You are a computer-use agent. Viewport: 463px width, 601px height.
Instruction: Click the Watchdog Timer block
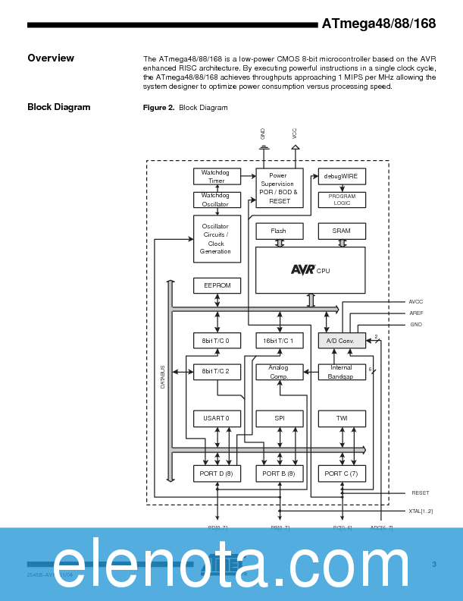point(217,177)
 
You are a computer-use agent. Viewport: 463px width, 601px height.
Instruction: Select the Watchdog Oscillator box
point(217,200)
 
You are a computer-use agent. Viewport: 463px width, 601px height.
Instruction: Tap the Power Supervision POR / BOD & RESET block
point(279,188)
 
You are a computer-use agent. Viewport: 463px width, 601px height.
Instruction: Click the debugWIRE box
point(341,176)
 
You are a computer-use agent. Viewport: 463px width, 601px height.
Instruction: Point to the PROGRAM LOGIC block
point(341,200)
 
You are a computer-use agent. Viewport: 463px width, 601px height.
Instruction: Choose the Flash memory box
point(279,231)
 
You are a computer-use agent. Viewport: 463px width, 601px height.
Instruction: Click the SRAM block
point(341,231)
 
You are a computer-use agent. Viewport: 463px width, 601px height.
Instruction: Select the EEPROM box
point(217,285)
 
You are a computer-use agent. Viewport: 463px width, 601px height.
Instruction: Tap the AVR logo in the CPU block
point(302,269)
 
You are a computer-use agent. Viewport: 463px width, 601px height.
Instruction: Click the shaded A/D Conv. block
point(341,341)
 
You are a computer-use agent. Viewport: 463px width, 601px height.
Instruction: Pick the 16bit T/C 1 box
point(279,341)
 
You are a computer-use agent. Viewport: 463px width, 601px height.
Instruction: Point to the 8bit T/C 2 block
point(217,371)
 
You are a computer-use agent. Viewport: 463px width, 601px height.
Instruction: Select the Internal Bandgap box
point(341,372)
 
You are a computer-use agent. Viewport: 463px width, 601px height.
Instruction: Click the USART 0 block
point(217,418)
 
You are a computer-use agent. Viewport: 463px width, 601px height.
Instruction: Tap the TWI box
point(341,418)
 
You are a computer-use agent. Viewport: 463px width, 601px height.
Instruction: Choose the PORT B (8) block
point(279,474)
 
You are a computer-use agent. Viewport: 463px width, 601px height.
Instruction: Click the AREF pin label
point(416,313)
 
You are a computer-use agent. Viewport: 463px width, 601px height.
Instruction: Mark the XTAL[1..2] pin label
point(421,511)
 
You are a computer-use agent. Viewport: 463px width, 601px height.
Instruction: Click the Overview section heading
point(51,58)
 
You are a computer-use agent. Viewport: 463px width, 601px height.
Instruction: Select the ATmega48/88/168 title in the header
point(378,24)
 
